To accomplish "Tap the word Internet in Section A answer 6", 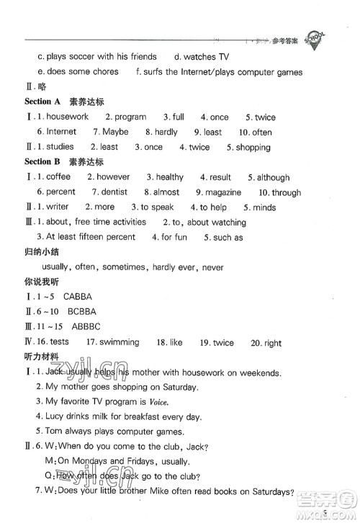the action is [61, 132].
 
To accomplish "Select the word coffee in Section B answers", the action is [58, 176].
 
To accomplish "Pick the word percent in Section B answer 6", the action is [60, 192].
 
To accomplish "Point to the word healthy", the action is [169, 176].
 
